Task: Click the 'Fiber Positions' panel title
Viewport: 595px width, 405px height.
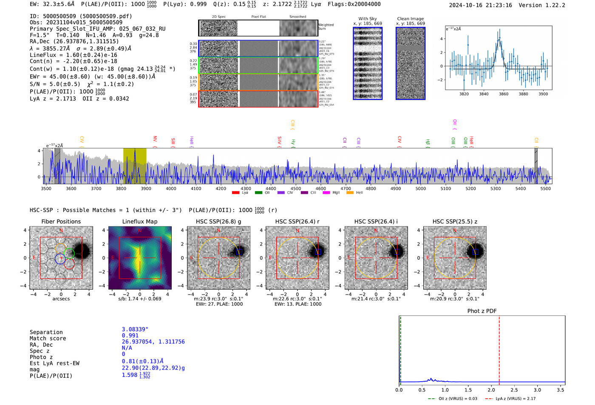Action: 61,221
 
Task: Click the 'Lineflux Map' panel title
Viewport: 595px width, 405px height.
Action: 140,221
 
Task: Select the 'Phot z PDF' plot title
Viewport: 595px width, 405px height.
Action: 482,311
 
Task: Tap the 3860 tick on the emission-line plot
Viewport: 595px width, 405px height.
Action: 504,94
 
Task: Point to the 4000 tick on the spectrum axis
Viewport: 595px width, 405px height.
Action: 171,189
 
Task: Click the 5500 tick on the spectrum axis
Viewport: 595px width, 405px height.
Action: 545,189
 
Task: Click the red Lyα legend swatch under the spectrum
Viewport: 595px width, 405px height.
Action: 235,193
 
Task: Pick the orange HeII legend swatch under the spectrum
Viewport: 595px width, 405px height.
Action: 350,193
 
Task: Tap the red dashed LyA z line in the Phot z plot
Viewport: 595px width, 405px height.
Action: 499,348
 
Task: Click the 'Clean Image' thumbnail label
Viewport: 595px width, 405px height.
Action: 410,19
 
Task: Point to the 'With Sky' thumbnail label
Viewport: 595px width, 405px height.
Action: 368,19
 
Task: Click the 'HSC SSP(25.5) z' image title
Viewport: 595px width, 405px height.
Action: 455,221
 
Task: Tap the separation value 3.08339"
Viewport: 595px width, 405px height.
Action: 135,329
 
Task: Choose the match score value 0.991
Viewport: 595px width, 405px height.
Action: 130,336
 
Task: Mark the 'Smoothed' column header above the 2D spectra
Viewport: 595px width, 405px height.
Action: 297,17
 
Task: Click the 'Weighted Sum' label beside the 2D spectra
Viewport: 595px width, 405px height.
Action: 326,27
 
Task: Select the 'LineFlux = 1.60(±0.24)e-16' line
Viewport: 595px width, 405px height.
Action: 73,55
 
